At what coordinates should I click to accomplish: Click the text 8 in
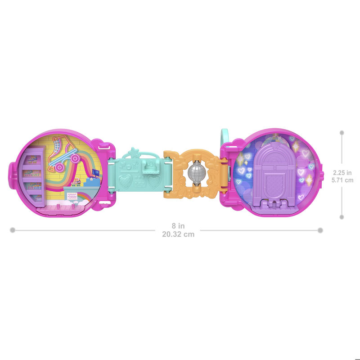pyautogui.click(x=178, y=226)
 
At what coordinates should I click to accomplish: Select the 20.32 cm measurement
pyautogui.click(x=178, y=234)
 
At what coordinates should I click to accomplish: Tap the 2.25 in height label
pyautogui.click(x=342, y=172)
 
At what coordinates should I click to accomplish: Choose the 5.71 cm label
pyautogui.click(x=342, y=180)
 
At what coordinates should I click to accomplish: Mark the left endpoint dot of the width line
pyautogui.click(x=13, y=230)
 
